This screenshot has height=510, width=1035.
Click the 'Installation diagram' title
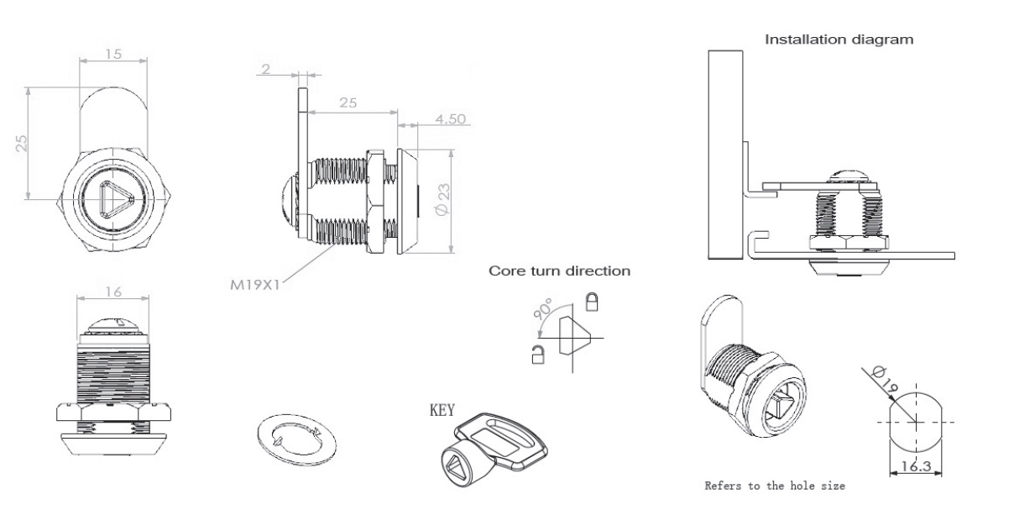tap(838, 39)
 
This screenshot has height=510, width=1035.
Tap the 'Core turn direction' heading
tap(559, 271)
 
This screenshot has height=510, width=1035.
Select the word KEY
tap(442, 411)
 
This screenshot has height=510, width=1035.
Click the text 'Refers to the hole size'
tap(774, 486)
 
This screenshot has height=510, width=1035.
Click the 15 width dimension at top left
tap(113, 54)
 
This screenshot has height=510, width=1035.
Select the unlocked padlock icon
tap(536, 355)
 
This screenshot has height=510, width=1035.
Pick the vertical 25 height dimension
tap(22, 144)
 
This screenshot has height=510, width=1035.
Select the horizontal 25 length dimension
tap(348, 103)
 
